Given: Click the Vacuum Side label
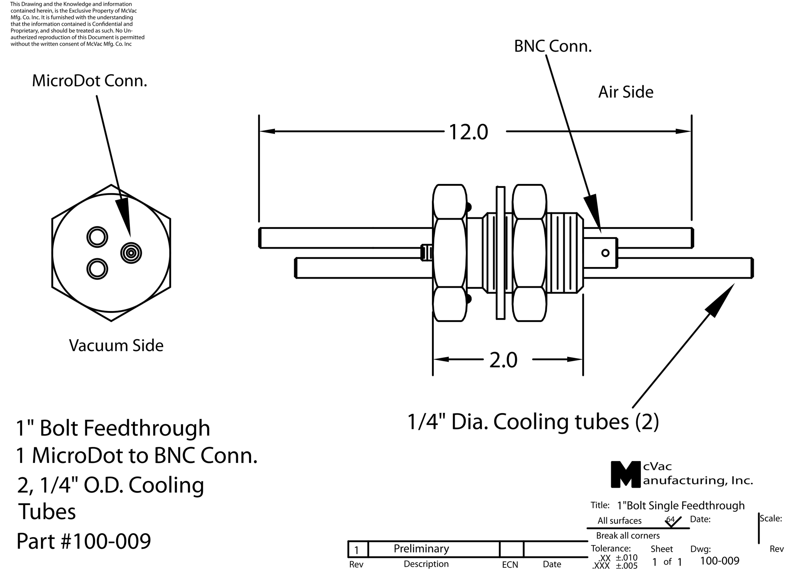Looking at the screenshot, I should click(116, 345).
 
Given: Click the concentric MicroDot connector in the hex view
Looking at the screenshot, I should click(131, 253).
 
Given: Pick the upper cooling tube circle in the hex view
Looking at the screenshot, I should click(97, 237).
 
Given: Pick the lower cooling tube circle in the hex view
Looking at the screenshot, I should click(97, 269).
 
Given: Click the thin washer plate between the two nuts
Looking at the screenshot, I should click(500, 253).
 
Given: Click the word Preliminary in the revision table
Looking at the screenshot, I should click(421, 548).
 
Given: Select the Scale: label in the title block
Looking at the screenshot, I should click(771, 518).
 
